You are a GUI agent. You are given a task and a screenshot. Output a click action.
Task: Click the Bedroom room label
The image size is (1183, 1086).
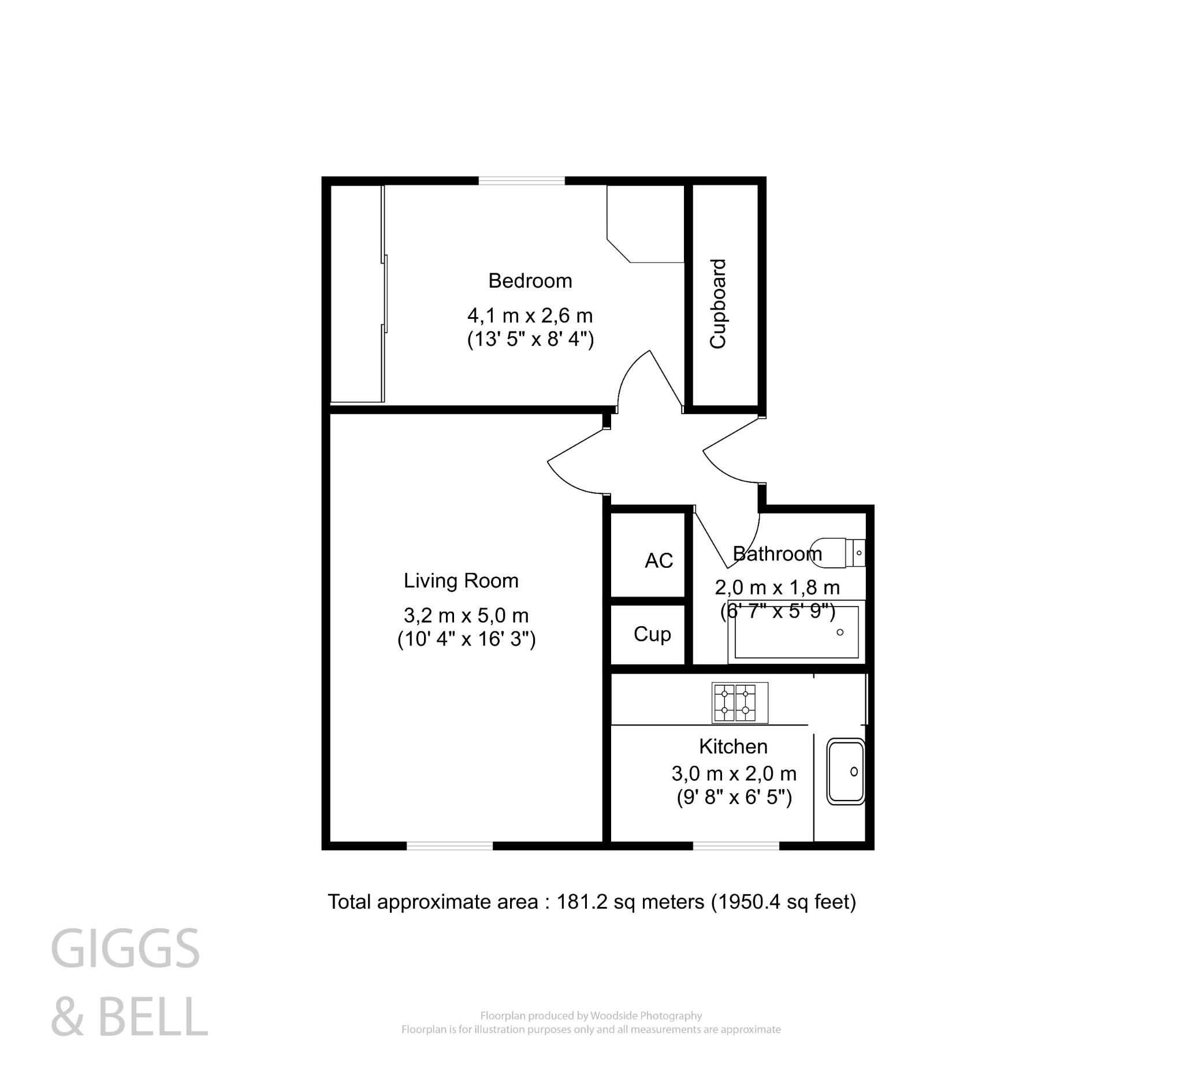(530, 281)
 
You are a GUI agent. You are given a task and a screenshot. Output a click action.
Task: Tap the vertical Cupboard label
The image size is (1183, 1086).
(718, 304)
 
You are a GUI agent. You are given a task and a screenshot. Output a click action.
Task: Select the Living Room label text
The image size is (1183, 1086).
(461, 581)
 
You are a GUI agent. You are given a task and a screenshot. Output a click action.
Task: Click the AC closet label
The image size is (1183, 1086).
(658, 561)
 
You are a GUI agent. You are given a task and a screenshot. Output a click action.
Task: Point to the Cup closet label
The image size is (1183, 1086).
(652, 634)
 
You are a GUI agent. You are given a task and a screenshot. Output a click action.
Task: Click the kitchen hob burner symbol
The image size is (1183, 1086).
(739, 702)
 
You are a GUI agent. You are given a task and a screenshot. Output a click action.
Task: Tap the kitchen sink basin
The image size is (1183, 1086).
(845, 771)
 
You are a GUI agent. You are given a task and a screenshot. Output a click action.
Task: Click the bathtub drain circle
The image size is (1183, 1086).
(840, 633)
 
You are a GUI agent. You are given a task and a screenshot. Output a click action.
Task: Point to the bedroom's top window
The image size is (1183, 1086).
(521, 181)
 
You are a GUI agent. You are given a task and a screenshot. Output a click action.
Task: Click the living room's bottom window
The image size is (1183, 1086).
(449, 846)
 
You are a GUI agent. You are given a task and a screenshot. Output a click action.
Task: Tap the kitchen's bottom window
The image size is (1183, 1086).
(736, 846)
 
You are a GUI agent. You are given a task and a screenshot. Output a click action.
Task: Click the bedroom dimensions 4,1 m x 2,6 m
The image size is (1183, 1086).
(530, 316)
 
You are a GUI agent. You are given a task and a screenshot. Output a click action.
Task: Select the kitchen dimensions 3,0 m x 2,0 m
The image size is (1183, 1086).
(734, 773)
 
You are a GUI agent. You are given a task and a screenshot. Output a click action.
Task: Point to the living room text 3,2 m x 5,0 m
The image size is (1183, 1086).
(466, 616)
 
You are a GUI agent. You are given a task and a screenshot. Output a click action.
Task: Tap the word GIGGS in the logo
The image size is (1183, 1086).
(125, 949)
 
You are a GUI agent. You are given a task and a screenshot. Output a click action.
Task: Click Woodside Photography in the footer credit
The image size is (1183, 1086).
(646, 1016)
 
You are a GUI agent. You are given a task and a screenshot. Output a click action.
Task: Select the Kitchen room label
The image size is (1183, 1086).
(733, 746)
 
